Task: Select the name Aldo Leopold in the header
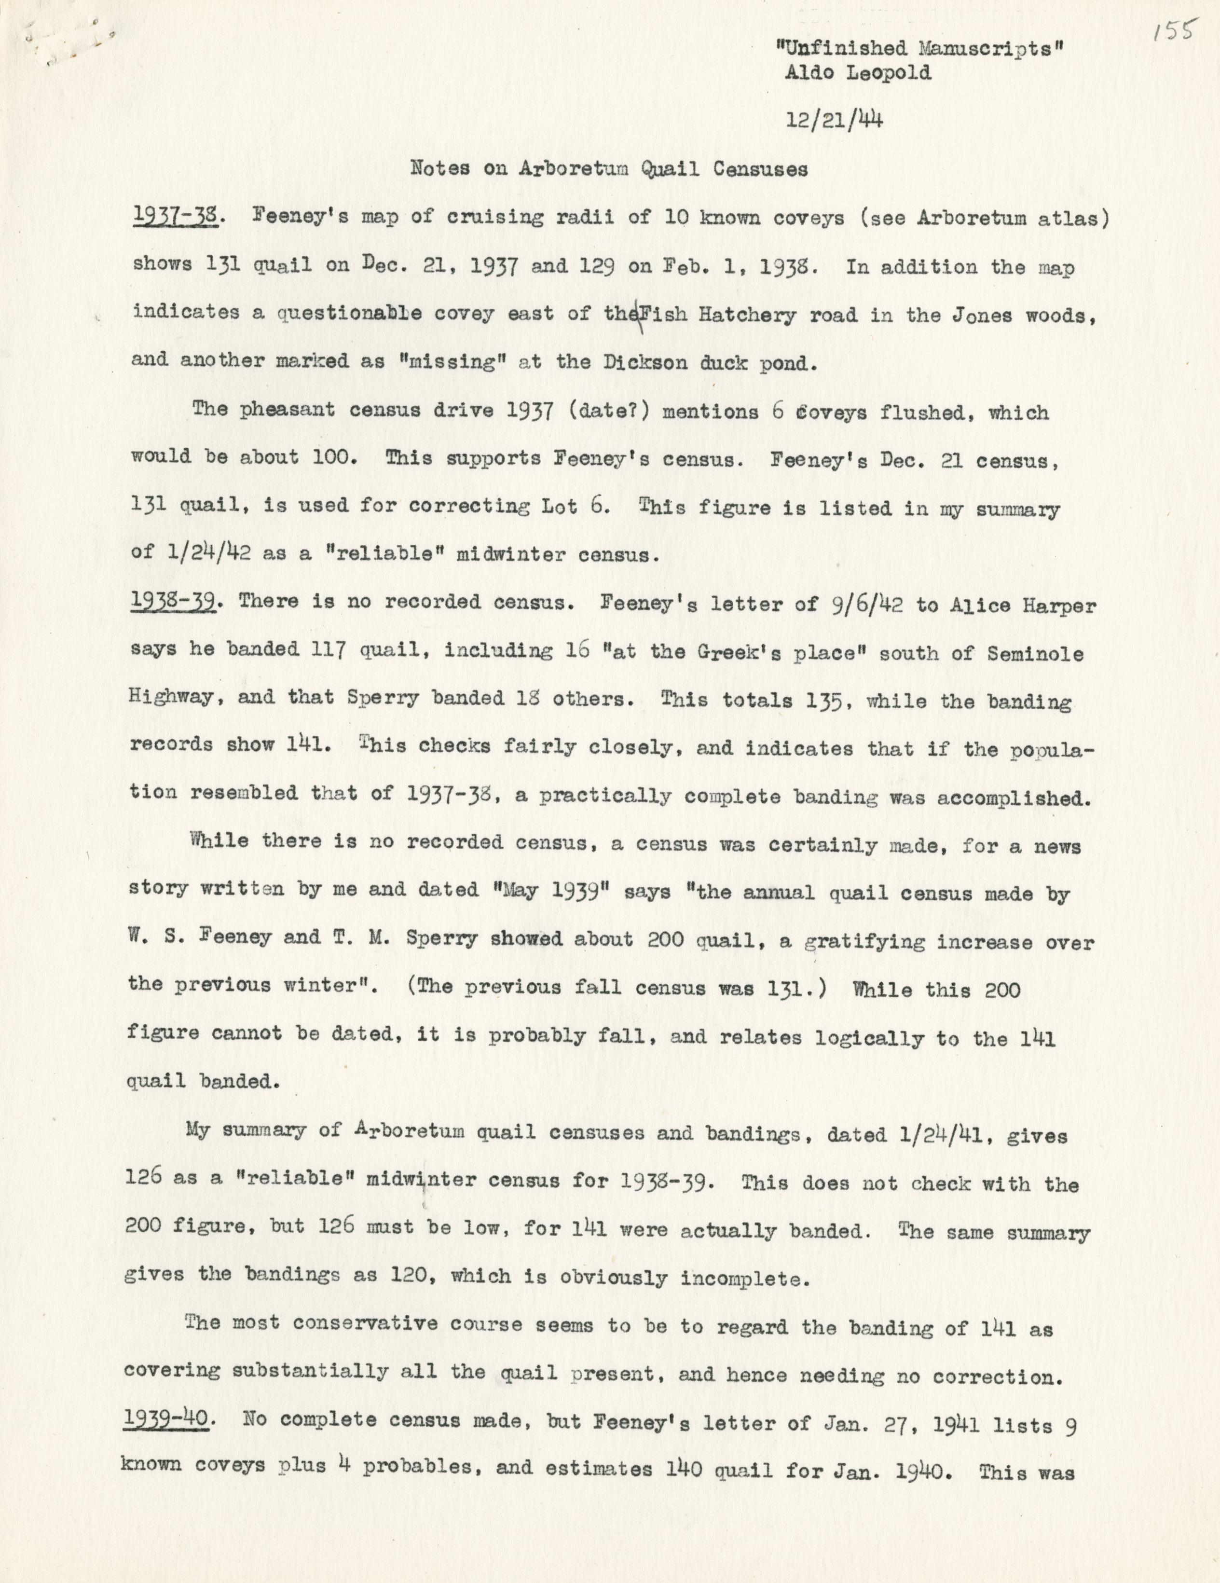[x=858, y=73]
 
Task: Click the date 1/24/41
[x=936, y=1134]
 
